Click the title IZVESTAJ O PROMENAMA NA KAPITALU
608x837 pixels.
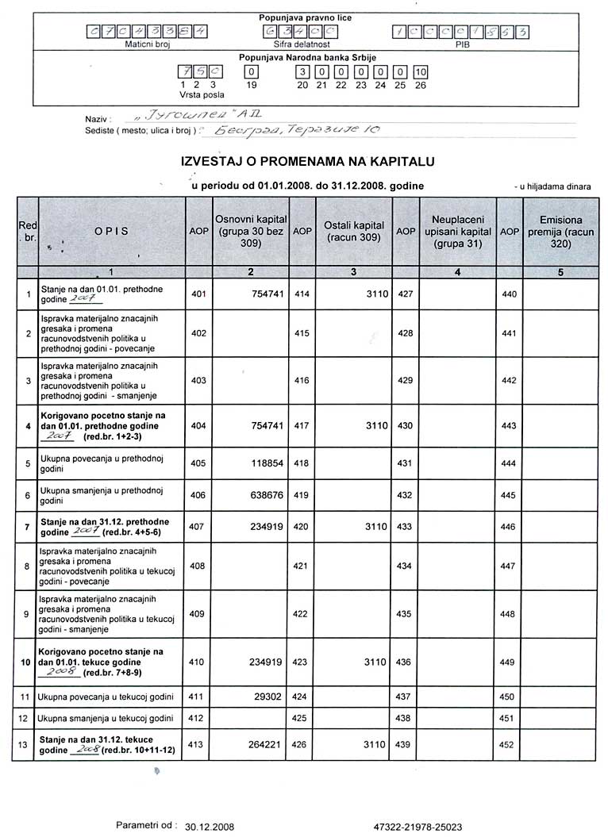[x=308, y=161]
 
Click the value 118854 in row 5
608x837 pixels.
[x=262, y=463]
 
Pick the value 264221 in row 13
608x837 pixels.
[x=262, y=745]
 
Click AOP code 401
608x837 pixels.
[x=198, y=294]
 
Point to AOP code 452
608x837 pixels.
[x=509, y=745]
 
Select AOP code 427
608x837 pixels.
[x=406, y=294]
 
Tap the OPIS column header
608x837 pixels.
[x=111, y=231]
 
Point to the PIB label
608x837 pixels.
[x=463, y=45]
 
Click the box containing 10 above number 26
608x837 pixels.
[x=421, y=72]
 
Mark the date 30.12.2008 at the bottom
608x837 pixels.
[x=210, y=826]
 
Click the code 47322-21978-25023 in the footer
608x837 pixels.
[x=417, y=826]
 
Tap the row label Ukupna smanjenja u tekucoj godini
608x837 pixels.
[x=106, y=719]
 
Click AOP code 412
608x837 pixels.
[x=198, y=719]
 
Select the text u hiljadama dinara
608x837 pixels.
[x=556, y=186]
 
